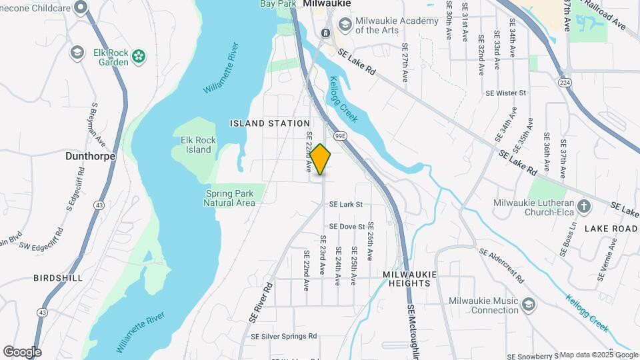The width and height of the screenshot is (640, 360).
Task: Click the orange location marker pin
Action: pos(321,159)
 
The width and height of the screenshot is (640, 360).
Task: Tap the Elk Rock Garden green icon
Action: pos(139,57)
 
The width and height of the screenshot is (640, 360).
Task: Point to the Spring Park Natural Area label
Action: pos(229,198)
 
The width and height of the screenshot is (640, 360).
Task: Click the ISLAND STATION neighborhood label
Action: pos(270,123)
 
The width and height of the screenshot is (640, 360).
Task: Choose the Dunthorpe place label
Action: pos(91,156)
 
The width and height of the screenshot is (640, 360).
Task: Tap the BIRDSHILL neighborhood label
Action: pos(58,277)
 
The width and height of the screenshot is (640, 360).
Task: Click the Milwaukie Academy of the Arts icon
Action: pos(345,25)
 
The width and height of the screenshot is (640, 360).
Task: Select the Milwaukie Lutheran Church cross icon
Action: pos(585,205)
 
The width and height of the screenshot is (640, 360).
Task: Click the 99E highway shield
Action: pos(340,135)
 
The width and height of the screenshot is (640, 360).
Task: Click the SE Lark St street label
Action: pos(346,204)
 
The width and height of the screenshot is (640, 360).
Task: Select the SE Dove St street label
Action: pos(347,227)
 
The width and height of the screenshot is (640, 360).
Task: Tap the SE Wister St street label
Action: pos(506,93)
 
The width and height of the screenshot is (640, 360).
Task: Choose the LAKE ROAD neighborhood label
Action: pos(611,228)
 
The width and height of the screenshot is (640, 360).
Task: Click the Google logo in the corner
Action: pos(22,351)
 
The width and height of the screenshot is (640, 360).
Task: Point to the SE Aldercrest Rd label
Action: pos(511,264)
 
